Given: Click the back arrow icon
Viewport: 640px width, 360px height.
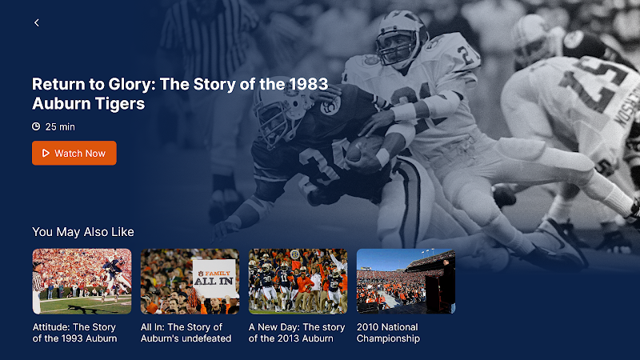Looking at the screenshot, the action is coord(37,23).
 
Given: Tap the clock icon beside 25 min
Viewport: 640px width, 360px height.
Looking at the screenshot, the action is coord(36,126).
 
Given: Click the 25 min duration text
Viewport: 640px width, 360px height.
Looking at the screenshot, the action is coord(60,127).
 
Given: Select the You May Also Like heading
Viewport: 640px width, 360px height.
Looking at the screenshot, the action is coord(83,232).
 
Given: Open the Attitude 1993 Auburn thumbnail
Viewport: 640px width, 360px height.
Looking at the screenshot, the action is coord(82,282).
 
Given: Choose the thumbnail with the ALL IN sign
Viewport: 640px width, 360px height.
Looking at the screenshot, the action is coord(190,282).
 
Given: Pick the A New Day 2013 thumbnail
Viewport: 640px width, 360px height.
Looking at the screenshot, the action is coord(298,282).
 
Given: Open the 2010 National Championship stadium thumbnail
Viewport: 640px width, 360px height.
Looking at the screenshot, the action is coord(406,282).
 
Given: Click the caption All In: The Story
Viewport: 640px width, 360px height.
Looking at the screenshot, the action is coord(182,327).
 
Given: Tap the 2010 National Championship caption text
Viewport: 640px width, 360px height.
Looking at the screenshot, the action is coord(388,333).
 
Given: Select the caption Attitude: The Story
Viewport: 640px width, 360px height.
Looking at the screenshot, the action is coord(74,327).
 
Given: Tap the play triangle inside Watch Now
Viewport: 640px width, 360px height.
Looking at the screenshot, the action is coord(46,153).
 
